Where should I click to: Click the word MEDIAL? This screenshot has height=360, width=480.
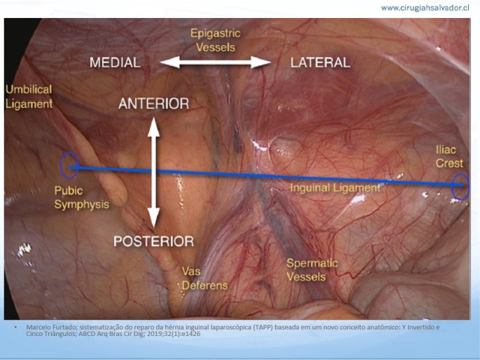[x=115, y=62]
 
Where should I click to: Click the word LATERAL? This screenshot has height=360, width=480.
[x=320, y=62]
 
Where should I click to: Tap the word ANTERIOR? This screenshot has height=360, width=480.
[x=154, y=104]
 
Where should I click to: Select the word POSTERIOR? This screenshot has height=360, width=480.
[x=154, y=241]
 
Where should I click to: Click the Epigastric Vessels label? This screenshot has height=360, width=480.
[x=215, y=40]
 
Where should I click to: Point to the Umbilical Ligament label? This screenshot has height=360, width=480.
[x=29, y=97]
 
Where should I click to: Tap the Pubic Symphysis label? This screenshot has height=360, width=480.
[x=82, y=197]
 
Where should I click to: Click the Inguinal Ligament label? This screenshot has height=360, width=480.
[x=335, y=188]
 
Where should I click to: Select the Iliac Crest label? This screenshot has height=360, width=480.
[x=449, y=157]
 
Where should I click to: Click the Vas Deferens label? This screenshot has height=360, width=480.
[x=205, y=278]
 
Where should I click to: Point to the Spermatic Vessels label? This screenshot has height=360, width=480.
[x=312, y=270]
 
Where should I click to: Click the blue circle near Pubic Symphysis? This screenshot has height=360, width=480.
[x=61, y=166]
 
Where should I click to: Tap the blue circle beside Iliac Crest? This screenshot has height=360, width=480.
[x=452, y=187]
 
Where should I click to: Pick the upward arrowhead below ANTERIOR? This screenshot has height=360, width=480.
[x=154, y=127]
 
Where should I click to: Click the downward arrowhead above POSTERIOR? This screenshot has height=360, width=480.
[x=154, y=218]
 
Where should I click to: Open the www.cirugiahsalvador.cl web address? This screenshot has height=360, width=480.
[x=425, y=8]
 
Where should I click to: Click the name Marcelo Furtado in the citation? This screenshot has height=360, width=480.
[x=46, y=327]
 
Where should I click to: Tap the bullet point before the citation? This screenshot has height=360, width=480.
[x=16, y=327]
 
